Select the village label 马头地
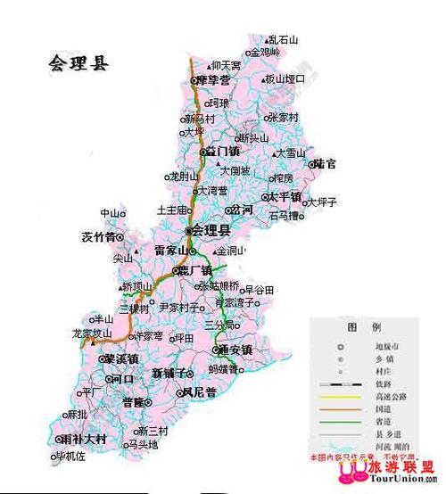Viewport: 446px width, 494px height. [143, 444]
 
